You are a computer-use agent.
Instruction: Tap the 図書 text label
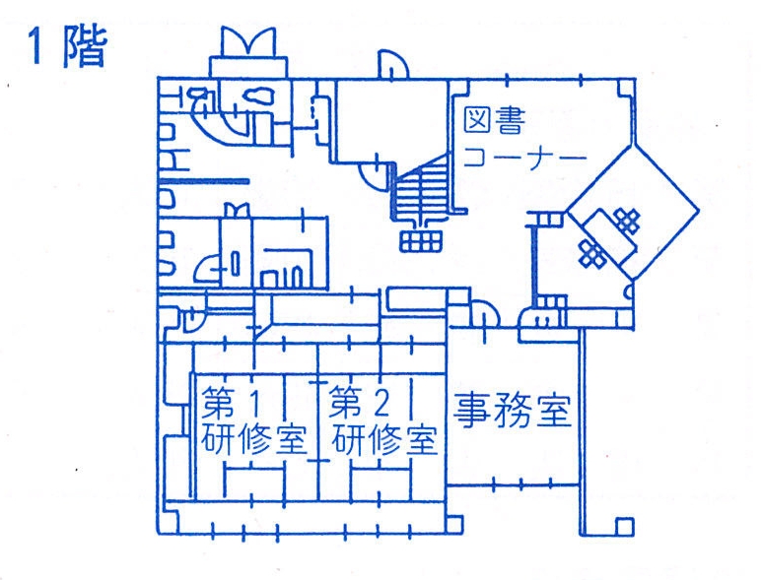pyautogui.click(x=493, y=120)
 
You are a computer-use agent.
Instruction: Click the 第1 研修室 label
pyautogui.click(x=252, y=420)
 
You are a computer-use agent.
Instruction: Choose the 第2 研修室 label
pyautogui.click(x=382, y=420)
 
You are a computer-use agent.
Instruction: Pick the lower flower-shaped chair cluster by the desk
pyautogui.click(x=591, y=253)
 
